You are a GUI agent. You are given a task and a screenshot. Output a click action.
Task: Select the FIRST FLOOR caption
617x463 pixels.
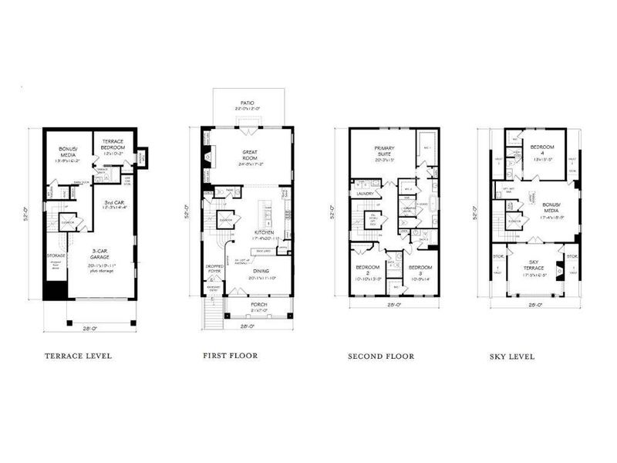coord(231,356)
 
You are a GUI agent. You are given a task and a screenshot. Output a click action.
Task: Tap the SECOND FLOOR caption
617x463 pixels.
coord(381,357)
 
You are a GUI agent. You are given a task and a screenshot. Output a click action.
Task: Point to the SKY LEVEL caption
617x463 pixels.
coord(512,357)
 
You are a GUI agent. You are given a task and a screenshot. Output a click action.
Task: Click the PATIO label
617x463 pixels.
coord(248,102)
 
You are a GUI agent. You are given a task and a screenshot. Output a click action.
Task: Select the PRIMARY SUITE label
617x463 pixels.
coord(384,150)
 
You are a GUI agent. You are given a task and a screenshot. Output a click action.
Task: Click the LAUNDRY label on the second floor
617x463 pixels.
coord(366,193)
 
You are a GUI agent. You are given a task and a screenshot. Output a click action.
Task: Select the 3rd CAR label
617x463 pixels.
coord(110,202)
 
